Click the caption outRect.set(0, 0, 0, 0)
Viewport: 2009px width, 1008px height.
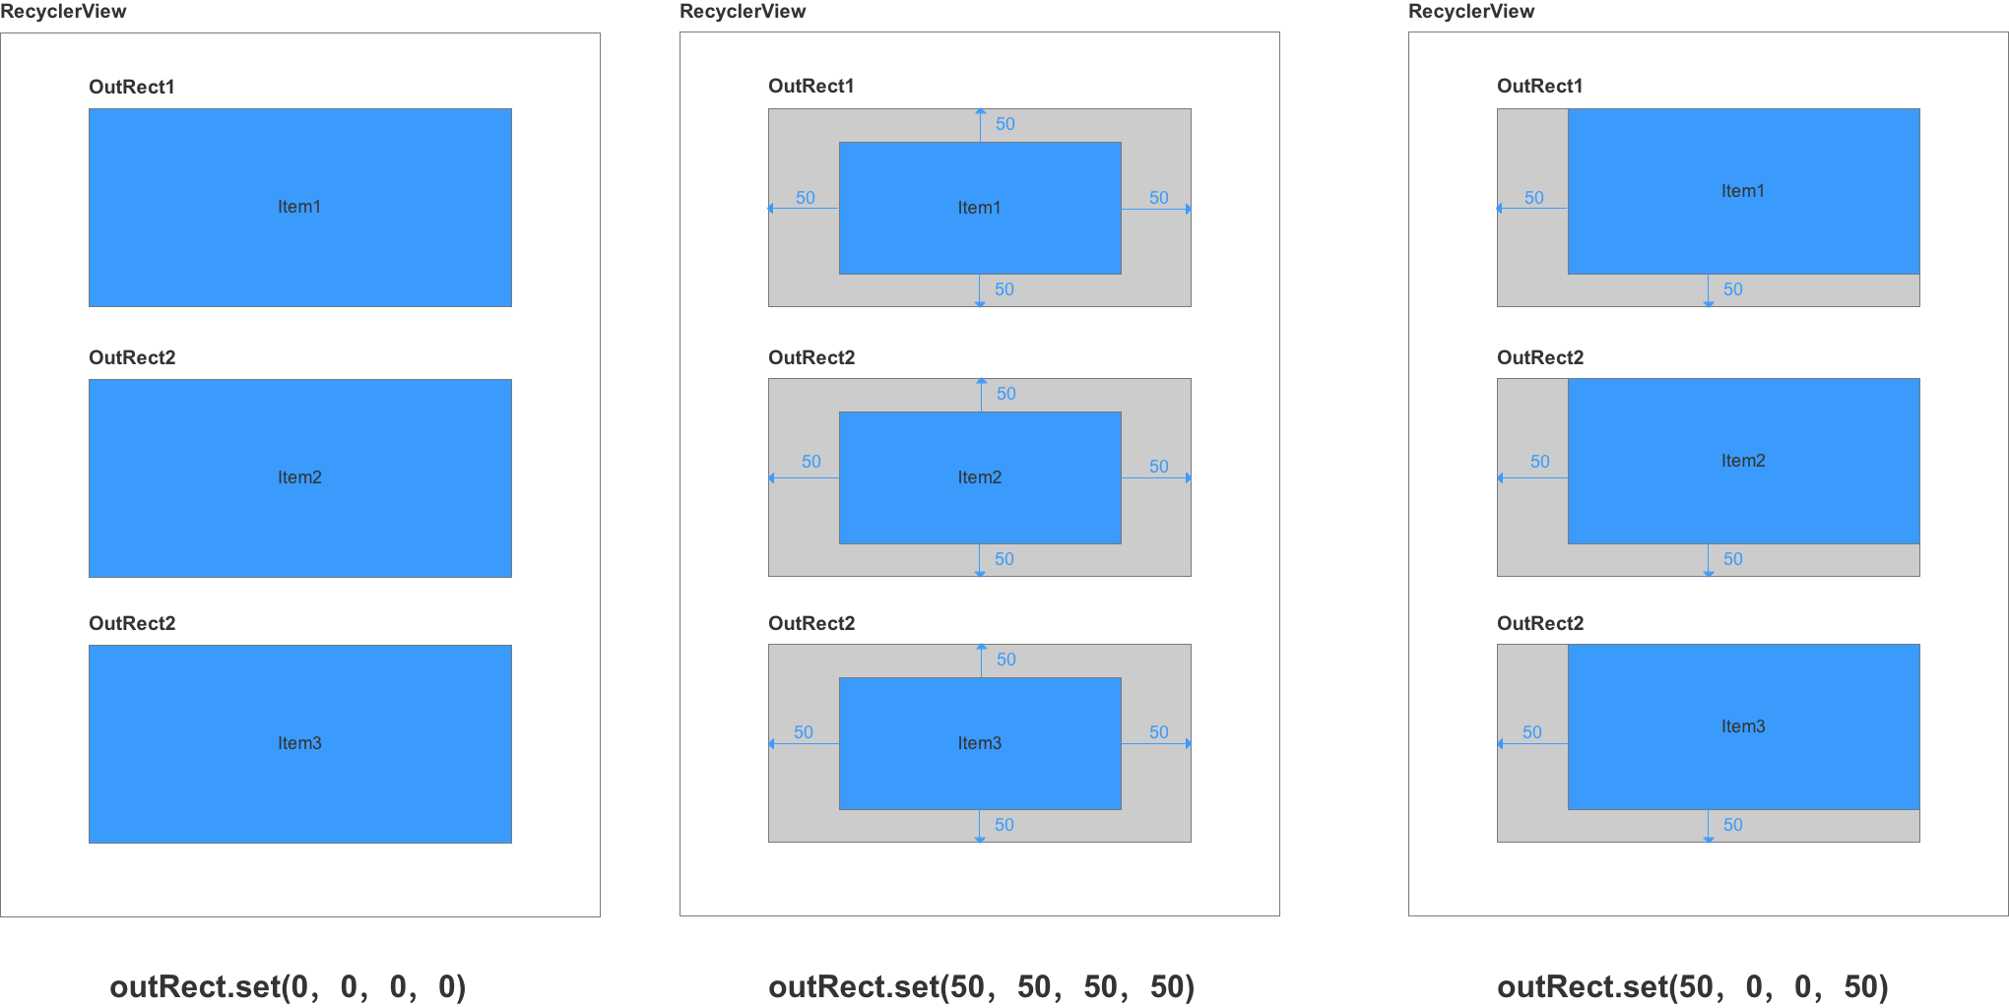288,986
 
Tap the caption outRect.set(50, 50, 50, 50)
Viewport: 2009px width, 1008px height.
981,986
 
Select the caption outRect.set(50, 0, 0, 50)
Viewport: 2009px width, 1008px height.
1692,986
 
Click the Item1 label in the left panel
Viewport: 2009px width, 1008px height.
299,207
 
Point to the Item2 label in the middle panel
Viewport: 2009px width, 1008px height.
979,477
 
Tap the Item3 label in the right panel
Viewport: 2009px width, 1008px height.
1742,726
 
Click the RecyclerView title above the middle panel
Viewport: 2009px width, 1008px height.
743,12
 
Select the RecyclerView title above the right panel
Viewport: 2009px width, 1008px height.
1471,12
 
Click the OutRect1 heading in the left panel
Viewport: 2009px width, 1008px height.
132,87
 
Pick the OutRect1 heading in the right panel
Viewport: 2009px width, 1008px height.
1540,86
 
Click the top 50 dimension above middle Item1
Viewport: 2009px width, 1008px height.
1004,124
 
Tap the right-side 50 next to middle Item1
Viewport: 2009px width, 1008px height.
1158,198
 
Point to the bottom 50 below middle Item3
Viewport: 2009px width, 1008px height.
1004,825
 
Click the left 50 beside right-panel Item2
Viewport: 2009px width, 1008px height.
1539,462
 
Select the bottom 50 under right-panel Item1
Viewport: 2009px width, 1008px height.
1732,289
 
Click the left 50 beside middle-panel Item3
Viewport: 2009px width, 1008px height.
804,732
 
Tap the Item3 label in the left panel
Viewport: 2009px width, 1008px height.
299,743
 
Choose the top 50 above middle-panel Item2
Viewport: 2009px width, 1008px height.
1005,394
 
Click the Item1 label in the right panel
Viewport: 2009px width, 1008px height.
1742,191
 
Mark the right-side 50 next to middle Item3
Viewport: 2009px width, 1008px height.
1158,732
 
